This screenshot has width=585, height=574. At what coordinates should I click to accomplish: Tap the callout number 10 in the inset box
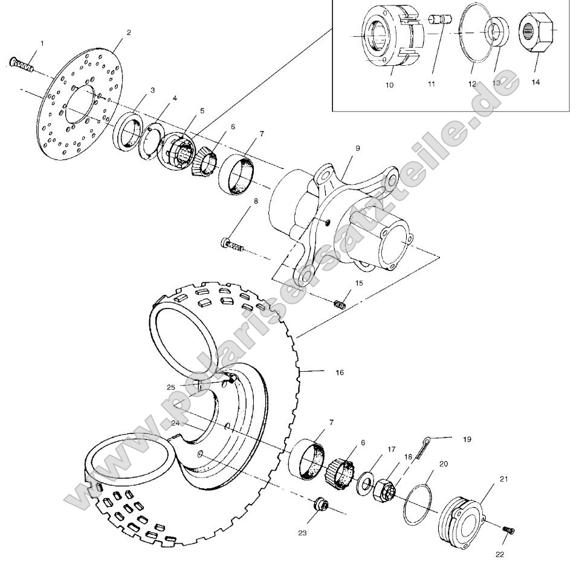(389, 85)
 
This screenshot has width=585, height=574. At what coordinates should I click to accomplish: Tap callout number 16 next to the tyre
(339, 372)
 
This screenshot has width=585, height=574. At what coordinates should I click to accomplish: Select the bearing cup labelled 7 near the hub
(239, 175)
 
